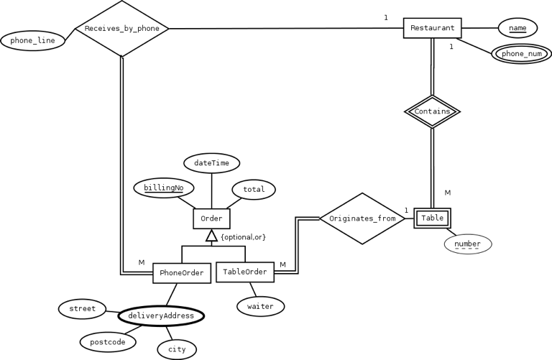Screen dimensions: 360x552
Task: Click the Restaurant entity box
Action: point(432,28)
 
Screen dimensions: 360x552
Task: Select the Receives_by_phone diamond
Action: point(122,29)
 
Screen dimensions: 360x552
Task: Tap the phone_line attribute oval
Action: point(32,41)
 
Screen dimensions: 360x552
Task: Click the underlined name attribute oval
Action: point(517,28)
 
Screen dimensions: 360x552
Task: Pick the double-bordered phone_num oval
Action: point(522,54)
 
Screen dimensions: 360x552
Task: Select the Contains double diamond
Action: point(432,111)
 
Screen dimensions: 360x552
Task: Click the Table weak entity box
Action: point(432,218)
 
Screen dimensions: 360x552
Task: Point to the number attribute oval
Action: point(467,244)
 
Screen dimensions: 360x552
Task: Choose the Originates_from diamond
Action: point(362,218)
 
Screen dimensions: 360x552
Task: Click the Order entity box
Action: point(211,218)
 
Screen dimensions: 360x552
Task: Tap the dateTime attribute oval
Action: point(211,163)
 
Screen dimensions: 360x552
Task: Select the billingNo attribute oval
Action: point(164,189)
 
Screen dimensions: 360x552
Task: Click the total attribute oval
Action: point(254,190)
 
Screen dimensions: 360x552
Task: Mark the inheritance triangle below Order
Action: point(211,236)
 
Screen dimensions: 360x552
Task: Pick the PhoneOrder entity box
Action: point(182,273)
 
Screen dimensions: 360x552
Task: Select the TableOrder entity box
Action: point(245,272)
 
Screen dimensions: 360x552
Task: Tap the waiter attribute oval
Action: point(260,306)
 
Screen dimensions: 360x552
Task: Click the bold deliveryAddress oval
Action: point(161,315)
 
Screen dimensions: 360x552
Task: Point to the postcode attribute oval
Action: point(108,341)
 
